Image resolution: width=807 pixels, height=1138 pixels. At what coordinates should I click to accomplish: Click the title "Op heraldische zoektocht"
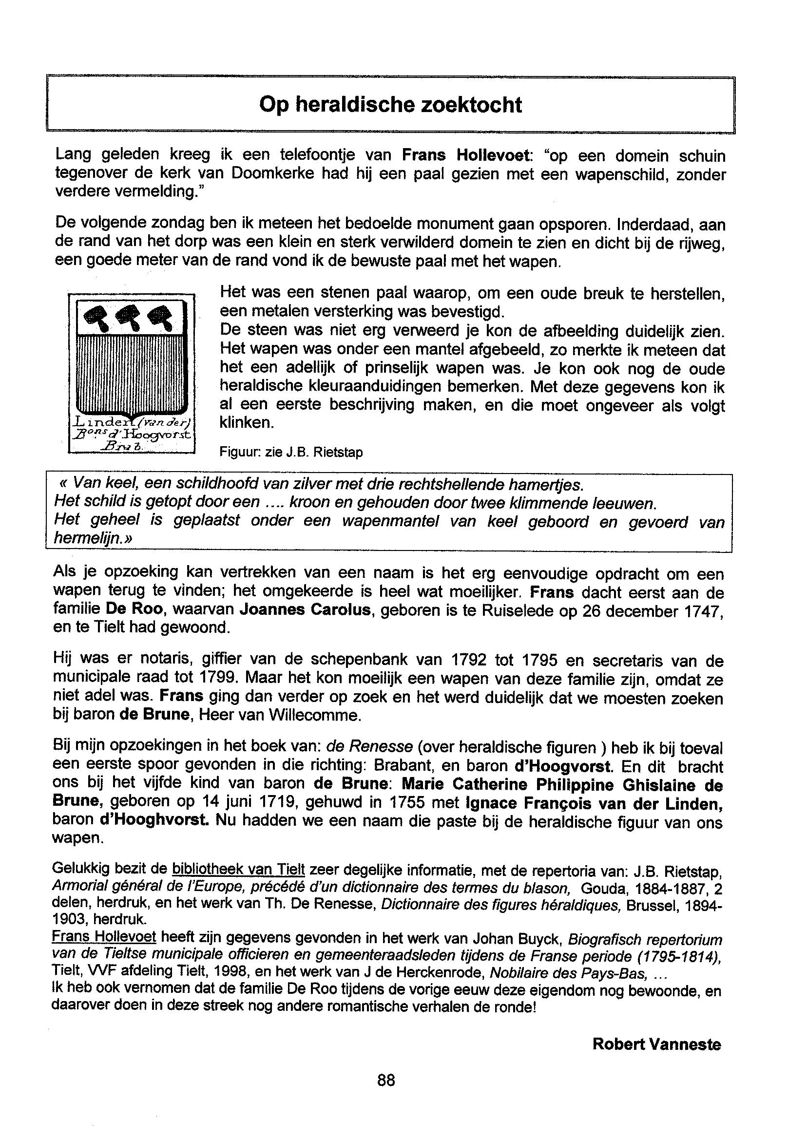390,105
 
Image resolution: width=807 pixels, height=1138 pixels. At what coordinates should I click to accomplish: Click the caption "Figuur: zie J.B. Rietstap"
291,453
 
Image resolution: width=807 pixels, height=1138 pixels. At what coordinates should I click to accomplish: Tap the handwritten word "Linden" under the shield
99,422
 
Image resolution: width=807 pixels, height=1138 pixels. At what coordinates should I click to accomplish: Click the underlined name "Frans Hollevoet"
104,937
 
